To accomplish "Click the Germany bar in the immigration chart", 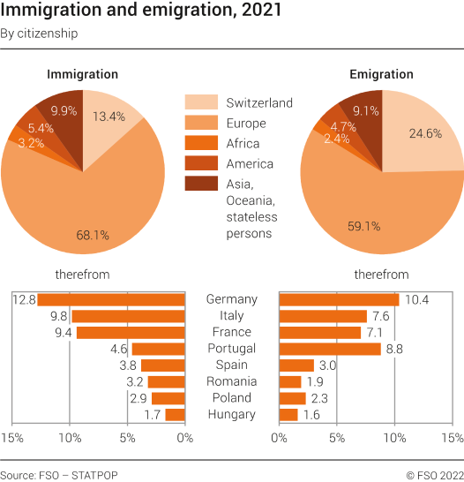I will coord(111,299).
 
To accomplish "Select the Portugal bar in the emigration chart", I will coord(330,349).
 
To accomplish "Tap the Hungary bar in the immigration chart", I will coord(175,414).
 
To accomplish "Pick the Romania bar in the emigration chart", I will coord(290,381).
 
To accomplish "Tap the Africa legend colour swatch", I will coord(199,143).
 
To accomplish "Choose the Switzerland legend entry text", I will coord(258,103).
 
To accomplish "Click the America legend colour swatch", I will coord(199,163).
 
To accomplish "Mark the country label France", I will coord(231,332).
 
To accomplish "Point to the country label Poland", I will coord(231,398).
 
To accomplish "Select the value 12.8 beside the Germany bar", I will coord(23,300).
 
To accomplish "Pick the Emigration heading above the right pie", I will coord(382,74).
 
